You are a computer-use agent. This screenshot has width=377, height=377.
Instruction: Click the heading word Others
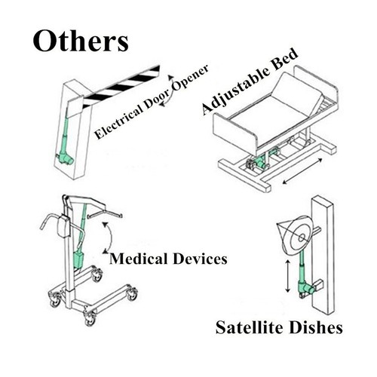click(81, 41)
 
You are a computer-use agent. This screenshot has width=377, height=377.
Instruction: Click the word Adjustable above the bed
click(236, 90)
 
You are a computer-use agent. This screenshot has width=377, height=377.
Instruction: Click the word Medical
click(138, 259)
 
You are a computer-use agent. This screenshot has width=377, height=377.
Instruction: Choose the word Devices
click(200, 259)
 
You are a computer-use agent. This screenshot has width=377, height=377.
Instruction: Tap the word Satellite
click(250, 327)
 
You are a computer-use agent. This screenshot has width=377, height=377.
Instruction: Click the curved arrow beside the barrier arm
click(168, 90)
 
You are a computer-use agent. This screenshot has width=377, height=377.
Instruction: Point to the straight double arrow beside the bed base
click(302, 170)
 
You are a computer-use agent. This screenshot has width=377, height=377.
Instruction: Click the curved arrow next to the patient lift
click(110, 238)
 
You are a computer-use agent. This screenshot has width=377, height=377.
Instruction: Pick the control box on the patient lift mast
click(63, 226)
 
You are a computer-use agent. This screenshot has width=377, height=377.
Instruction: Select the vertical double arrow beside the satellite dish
click(288, 276)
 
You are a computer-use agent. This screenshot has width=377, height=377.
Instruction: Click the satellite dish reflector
click(296, 234)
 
